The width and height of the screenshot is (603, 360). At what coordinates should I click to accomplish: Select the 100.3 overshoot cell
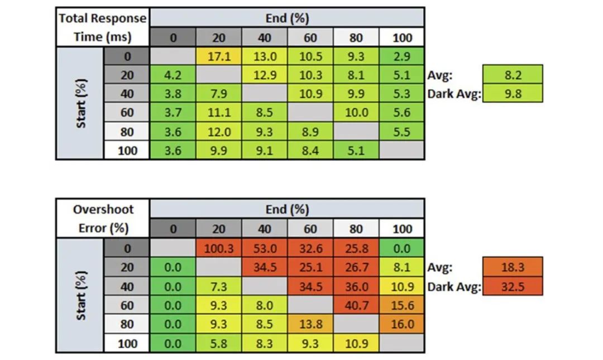[x=219, y=248]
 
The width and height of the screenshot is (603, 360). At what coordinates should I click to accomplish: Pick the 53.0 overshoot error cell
[x=265, y=248]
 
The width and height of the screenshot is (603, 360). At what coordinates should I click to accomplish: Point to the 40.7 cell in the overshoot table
[x=356, y=305]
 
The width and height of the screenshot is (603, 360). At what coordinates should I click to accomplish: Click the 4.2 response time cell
[x=173, y=75]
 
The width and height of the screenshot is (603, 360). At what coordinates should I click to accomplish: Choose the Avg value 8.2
[x=513, y=75]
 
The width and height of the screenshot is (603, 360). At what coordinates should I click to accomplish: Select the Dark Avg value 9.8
[x=513, y=94]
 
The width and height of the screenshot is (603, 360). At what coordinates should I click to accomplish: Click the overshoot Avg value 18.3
[x=513, y=267]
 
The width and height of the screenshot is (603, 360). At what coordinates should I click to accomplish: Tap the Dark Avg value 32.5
[x=513, y=286]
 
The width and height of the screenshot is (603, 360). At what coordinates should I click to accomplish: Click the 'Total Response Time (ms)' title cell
[x=103, y=27]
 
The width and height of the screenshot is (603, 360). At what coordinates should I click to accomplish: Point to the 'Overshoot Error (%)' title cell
[x=103, y=219]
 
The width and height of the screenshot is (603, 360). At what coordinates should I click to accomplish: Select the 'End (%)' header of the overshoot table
[x=287, y=209]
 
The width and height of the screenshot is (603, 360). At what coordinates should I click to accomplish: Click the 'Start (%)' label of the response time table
[x=81, y=104]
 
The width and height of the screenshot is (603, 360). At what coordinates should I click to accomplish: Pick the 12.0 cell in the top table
[x=219, y=132]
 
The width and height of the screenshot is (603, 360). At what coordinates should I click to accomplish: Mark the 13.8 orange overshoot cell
[x=310, y=324]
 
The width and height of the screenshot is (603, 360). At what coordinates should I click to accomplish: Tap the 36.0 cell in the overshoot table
[x=356, y=286]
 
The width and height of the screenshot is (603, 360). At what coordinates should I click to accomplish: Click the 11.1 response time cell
[x=219, y=113]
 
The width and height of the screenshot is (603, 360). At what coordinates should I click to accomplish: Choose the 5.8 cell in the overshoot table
[x=219, y=343]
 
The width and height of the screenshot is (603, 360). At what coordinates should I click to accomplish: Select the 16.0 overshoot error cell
[x=402, y=324]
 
